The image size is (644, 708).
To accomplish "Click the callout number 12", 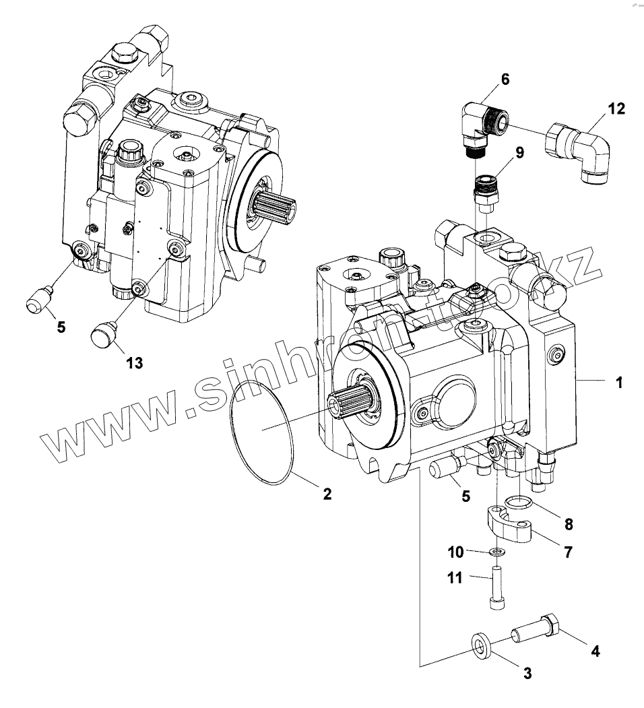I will click(x=617, y=108).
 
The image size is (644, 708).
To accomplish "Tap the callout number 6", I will click(x=505, y=79).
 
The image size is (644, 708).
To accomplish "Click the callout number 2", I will click(x=327, y=494).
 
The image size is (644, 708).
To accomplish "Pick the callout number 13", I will click(x=134, y=363).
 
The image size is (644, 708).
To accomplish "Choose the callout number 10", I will click(x=456, y=552).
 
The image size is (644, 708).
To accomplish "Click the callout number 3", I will click(x=527, y=672).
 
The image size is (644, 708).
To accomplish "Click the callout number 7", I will click(x=568, y=553).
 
